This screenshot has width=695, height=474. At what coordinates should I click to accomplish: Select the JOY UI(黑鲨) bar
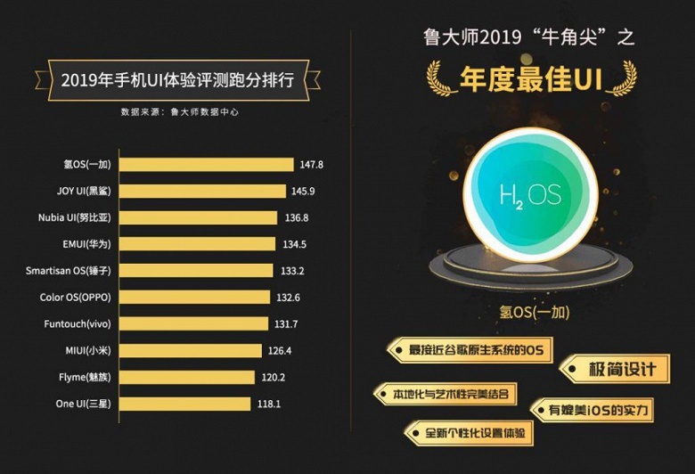[x=203, y=191]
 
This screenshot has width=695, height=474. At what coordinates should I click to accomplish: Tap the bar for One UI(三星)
[x=185, y=404]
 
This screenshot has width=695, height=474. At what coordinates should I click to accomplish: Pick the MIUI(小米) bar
[x=191, y=350]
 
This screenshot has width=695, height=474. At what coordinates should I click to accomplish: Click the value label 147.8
[x=311, y=164]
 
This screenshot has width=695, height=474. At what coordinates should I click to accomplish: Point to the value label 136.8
[x=296, y=217]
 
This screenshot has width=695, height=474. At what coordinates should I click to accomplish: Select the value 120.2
[x=273, y=377]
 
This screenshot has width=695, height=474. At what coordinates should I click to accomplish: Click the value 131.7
[x=286, y=323]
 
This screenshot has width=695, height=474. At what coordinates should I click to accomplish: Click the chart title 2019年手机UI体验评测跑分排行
[x=177, y=79]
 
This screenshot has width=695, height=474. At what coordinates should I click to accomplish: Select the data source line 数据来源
[x=179, y=112]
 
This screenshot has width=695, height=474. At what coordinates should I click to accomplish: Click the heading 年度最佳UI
[x=531, y=79]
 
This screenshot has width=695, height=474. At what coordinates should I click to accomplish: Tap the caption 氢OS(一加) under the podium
[x=535, y=313]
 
